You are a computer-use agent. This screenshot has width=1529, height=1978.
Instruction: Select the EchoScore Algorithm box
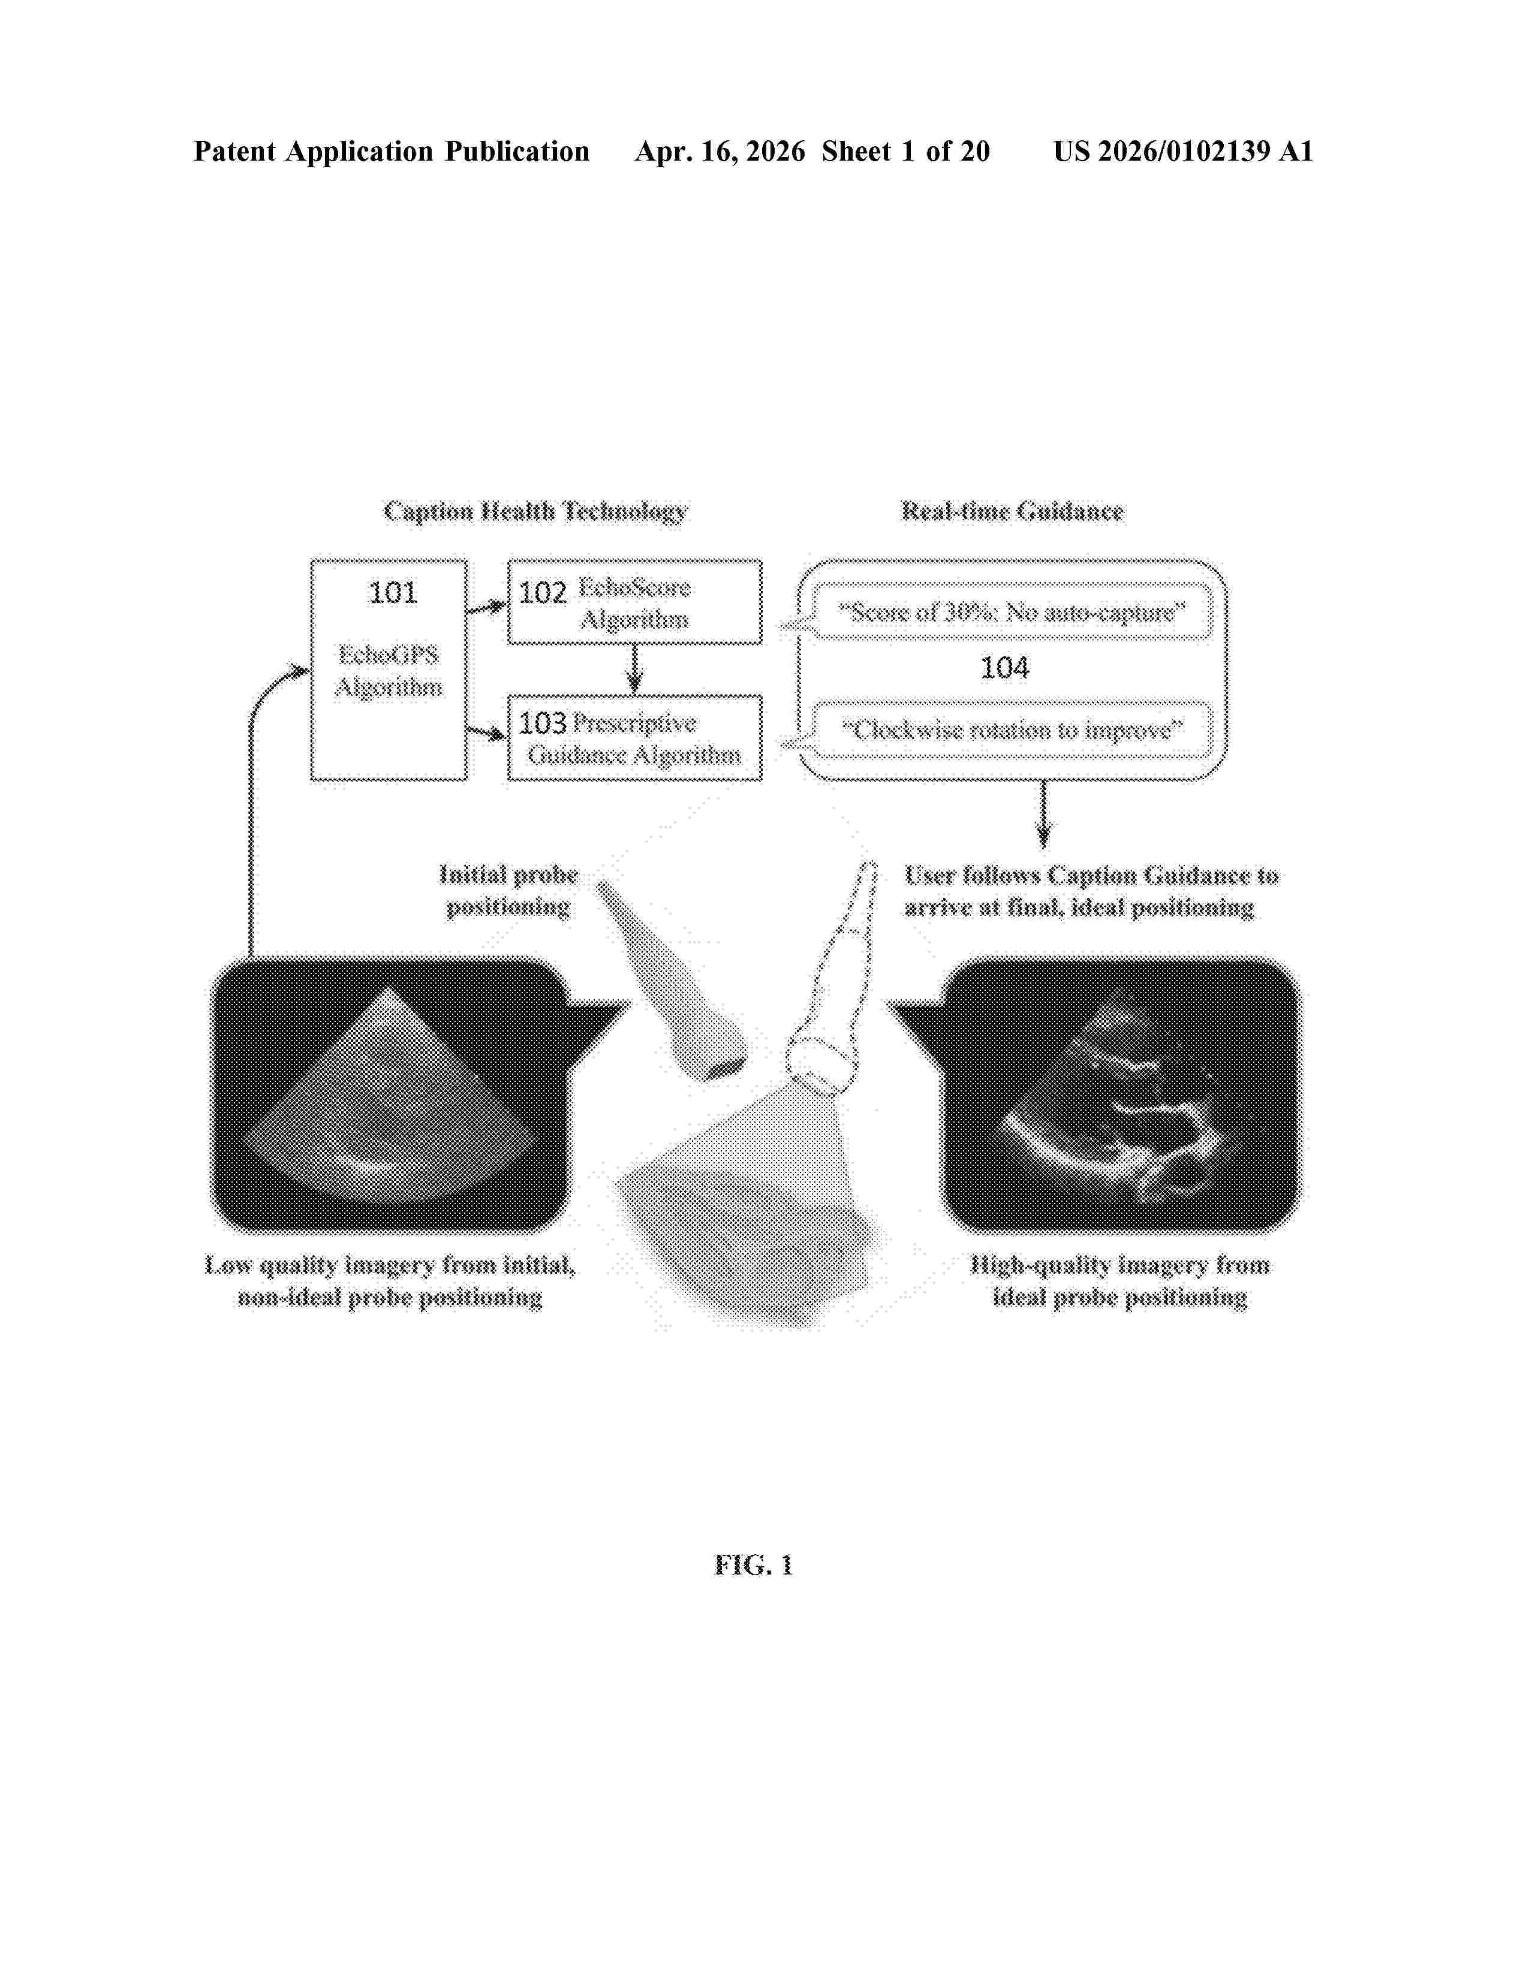pyautogui.click(x=634, y=602)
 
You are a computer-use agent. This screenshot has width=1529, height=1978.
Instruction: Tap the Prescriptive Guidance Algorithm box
pyautogui.click(x=634, y=737)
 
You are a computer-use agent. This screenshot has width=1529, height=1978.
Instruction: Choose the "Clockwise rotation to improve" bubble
pyautogui.click(x=1012, y=730)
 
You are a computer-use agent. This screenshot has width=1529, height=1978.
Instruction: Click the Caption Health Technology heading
pyautogui.click(x=535, y=512)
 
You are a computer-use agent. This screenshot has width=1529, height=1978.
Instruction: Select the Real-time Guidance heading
pyautogui.click(x=1012, y=512)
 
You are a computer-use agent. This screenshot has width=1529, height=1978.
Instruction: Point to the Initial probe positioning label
pyautogui.click(x=508, y=890)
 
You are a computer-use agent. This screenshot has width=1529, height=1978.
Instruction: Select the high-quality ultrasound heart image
pyautogui.click(x=1121, y=1094)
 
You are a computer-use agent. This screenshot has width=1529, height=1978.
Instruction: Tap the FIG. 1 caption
pyautogui.click(x=754, y=1565)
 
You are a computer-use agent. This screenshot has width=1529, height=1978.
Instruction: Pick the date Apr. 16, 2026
pyautogui.click(x=720, y=151)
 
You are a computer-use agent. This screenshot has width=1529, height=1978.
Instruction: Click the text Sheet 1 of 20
pyautogui.click(x=906, y=151)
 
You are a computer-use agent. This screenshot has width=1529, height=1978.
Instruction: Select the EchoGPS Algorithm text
pyautogui.click(x=389, y=670)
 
